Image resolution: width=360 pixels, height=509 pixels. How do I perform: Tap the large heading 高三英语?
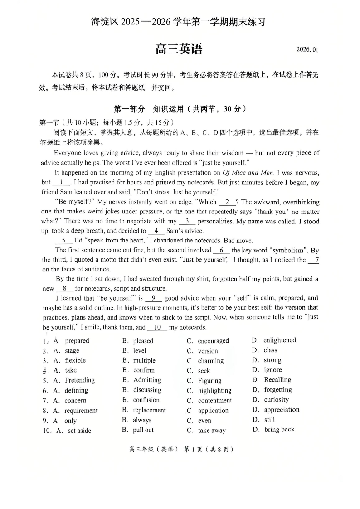tap(179, 48)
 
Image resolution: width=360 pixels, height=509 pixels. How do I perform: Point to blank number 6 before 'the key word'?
tap(221, 250)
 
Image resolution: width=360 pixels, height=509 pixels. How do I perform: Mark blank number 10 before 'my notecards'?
tap(157, 327)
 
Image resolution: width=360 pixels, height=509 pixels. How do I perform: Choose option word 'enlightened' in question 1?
tap(279, 340)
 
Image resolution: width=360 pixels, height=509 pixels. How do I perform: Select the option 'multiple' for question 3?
tap(144, 361)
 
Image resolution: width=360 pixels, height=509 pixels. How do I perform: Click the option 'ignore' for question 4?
tap(273, 370)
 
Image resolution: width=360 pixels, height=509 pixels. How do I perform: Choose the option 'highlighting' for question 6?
tap(214, 391)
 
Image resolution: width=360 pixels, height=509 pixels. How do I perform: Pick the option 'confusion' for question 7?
tap(146, 400)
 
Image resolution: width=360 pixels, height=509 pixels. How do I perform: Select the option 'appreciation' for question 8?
tap(282, 410)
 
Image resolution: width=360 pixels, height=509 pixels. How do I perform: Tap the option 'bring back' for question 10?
tap(279, 430)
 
